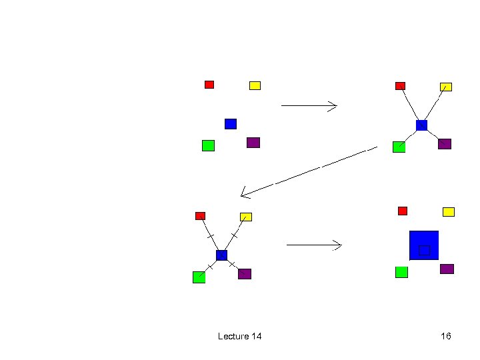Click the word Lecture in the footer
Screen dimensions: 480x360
pos(231,336)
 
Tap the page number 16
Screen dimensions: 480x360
pos(446,336)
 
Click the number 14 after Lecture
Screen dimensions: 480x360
pos(255,336)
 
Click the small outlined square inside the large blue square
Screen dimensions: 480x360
pos(424,251)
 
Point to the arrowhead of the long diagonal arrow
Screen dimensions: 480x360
pos(243,195)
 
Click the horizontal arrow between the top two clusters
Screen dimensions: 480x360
pos(309,105)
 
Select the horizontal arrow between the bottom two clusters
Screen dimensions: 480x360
pos(313,245)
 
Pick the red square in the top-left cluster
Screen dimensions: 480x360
pos(209,84)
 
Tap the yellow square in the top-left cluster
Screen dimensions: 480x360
pos(255,85)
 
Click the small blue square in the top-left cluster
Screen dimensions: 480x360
pos(231,123)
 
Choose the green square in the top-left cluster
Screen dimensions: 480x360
pos(208,145)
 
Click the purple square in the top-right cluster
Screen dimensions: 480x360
pos(445,144)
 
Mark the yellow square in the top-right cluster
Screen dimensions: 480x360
pos(446,87)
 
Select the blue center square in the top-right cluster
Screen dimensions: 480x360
pos(421,125)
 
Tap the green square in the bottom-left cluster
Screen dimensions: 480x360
pos(199,277)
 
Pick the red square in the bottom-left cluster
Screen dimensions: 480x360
pos(200,215)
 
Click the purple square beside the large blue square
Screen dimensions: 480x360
pos(447,269)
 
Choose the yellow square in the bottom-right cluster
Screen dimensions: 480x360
pos(449,212)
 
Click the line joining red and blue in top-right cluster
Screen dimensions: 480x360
pos(410,105)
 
